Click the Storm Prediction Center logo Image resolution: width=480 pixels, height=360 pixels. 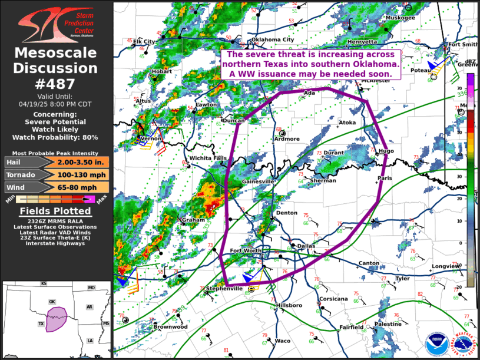56,24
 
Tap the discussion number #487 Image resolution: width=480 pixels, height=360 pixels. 56,84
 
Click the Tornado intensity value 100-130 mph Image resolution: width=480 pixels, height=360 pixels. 83,174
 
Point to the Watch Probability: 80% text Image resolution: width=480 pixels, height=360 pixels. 56,137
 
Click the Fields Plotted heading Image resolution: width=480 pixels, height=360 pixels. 56,211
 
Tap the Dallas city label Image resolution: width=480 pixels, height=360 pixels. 306,245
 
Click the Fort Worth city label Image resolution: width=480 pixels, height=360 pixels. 245,251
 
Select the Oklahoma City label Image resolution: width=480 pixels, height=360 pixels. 273,39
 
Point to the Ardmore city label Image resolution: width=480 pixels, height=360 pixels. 287,139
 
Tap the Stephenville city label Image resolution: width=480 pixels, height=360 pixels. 224,289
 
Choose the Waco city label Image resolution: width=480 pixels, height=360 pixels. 283,341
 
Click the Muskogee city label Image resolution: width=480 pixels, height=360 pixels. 400,18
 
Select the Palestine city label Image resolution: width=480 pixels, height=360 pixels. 388,324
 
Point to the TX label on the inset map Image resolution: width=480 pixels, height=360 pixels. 41,324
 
